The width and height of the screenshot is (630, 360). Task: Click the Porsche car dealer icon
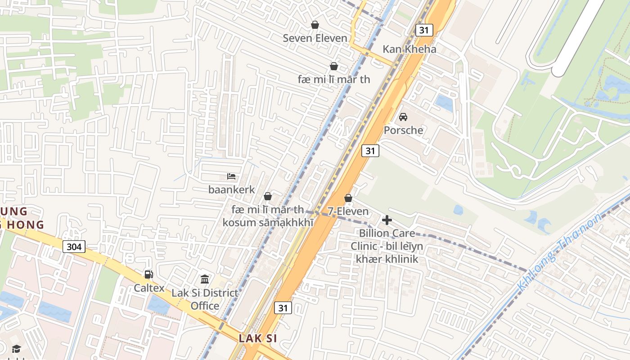403,117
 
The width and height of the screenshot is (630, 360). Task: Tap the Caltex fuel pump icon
148,274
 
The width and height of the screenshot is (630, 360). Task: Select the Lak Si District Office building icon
205,279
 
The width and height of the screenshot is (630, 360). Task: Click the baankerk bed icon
231,176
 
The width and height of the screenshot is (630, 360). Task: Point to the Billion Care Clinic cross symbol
387,220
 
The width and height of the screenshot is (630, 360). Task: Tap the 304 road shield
74,247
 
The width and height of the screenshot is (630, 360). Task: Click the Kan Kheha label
409,49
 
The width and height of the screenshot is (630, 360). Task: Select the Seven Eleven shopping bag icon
315,25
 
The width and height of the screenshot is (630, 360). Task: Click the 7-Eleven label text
348,211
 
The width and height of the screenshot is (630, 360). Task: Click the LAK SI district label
258,338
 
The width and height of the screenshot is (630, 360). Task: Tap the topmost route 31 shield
424,30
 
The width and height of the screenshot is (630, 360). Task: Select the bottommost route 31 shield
283,308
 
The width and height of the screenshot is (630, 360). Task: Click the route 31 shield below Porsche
370,151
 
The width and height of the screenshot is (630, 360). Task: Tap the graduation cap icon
16,349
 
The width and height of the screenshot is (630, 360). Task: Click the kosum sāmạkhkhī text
268,222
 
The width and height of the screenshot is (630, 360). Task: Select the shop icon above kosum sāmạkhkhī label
268,196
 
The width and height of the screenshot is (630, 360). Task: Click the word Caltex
149,288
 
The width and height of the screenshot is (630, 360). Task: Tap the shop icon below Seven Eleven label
334,66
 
